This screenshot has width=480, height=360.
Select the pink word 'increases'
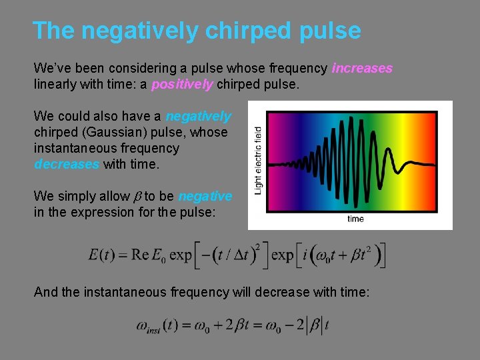point(362,68)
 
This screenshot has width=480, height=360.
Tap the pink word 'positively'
point(182,85)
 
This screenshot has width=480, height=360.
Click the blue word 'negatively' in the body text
point(198,117)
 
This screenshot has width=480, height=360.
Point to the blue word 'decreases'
point(66,164)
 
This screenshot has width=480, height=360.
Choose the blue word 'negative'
point(205,196)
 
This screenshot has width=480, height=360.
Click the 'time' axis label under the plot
point(355,219)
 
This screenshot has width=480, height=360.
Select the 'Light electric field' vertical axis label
point(259,162)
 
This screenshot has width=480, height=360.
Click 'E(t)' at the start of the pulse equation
point(104,255)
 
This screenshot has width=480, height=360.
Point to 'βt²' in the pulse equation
point(361,254)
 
